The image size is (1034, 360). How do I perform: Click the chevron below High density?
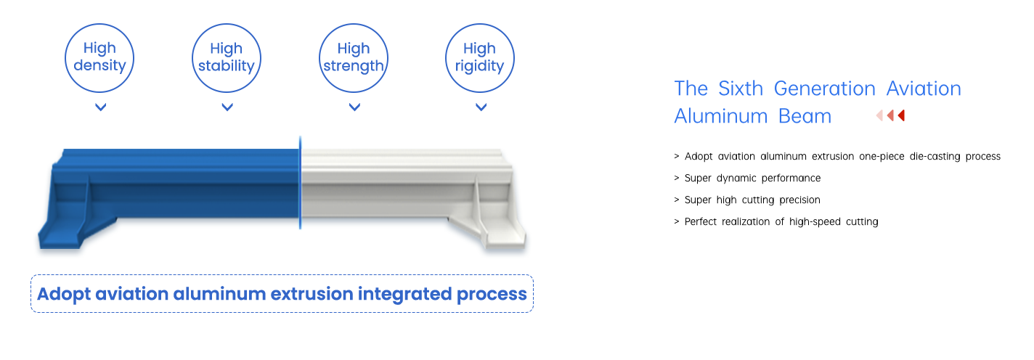click(101, 107)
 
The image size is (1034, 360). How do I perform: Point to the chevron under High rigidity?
click(481, 107)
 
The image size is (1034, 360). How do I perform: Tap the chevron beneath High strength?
click(354, 107)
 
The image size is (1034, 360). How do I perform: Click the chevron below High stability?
click(227, 107)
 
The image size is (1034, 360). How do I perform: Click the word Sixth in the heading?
click(741, 88)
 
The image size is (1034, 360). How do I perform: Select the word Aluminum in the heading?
click(720, 116)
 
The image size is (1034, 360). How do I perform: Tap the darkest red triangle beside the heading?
click(902, 115)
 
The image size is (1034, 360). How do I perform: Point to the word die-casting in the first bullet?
click(935, 157)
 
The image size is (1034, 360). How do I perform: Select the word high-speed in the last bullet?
click(815, 222)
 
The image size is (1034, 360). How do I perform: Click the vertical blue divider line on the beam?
click(300, 182)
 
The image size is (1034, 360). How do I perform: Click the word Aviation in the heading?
click(924, 88)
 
